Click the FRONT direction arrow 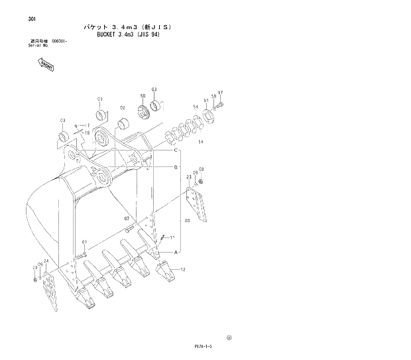pos(46,64)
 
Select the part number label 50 pos(143,97)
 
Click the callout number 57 pos(221,93)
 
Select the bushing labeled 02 pos(123,123)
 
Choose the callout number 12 pos(182,269)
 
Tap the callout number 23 pos(189,177)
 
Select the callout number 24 pos(46,261)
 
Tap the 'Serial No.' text pos(21,46)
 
